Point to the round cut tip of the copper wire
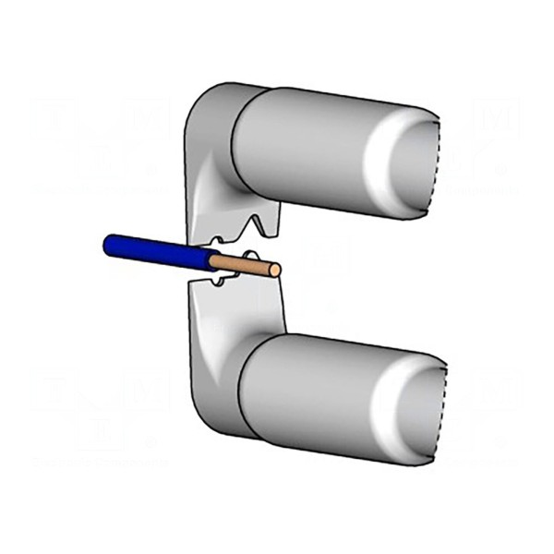point(274,269)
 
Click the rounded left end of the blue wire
point(107,243)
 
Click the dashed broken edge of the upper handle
point(434,162)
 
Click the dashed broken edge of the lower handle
point(441,411)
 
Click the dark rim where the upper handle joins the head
point(238,138)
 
